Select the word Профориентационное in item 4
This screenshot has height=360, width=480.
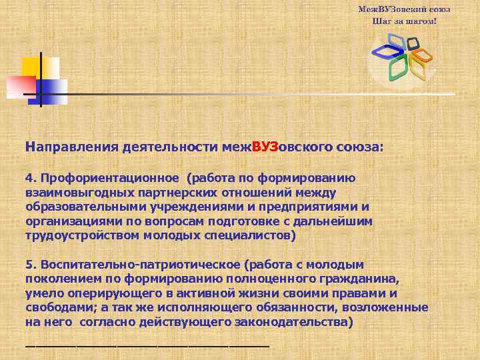[x=111, y=178]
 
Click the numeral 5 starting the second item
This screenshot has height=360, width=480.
[x=29, y=265]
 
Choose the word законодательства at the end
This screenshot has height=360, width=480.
[x=291, y=322]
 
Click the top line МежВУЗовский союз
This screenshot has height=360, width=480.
[x=404, y=9]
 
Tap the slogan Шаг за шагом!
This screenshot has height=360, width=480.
[x=404, y=21]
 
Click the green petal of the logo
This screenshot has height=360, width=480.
[x=398, y=67]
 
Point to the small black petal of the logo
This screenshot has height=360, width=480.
[x=413, y=44]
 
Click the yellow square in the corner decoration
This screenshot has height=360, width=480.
[x=32, y=66]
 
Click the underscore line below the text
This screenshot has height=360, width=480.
[x=147, y=345]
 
